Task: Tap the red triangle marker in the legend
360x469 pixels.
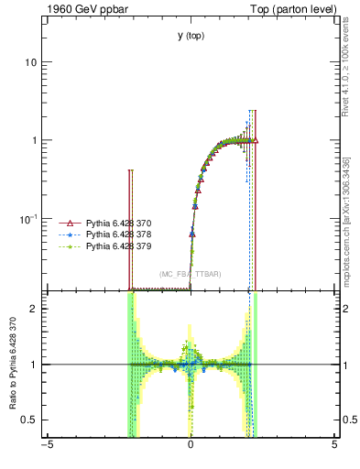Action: click(66, 223)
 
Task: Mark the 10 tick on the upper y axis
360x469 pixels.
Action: click(30, 62)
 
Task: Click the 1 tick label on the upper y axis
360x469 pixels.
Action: click(33, 140)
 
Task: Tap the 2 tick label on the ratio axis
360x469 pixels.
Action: click(33, 309)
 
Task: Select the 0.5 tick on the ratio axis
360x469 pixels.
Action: click(29, 420)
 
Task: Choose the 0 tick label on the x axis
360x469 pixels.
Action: click(191, 445)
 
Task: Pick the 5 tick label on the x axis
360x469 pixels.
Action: click(334, 445)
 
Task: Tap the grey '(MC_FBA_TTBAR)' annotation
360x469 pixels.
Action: click(190, 274)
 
